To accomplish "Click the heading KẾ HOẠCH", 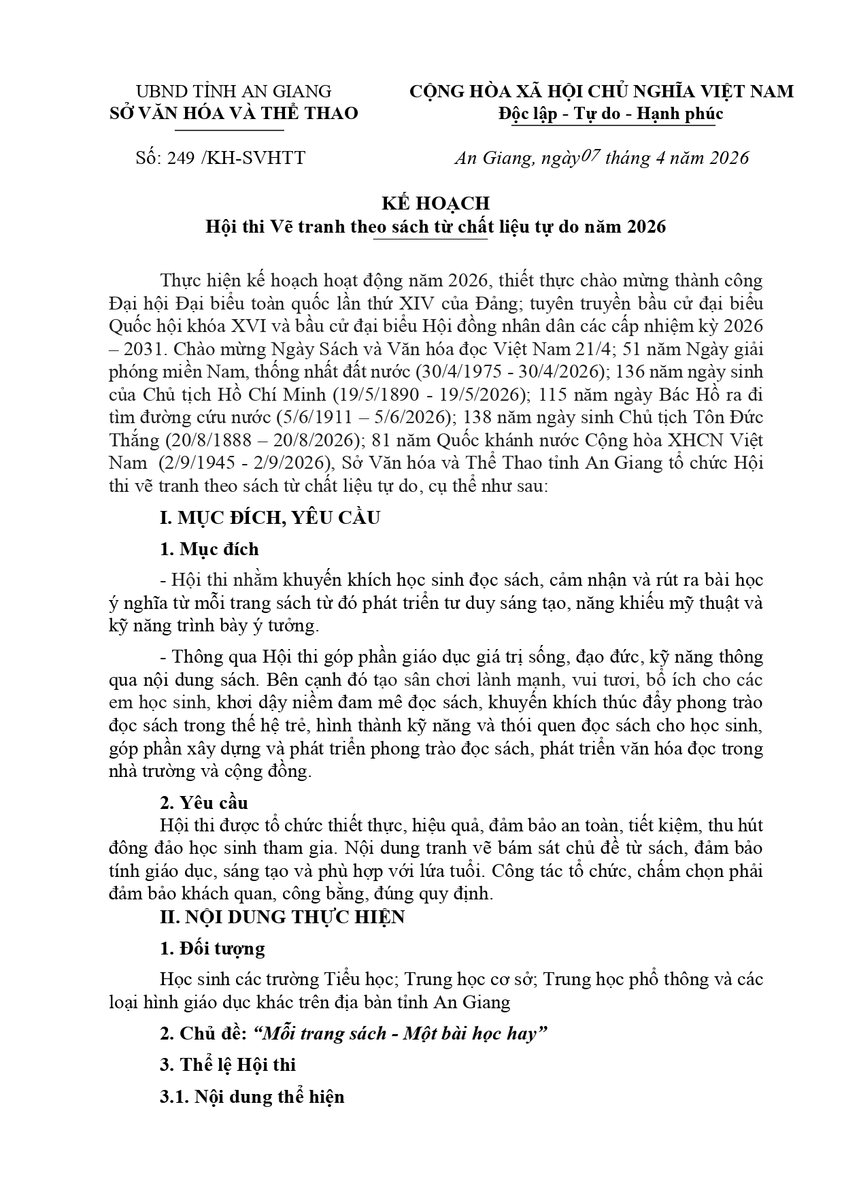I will pyautogui.click(x=435, y=203).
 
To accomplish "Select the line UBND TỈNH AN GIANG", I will pyautogui.click(x=233, y=91).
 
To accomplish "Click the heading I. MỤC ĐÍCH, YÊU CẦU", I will pyautogui.click(x=270, y=518).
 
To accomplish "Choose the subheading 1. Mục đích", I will pyautogui.click(x=209, y=549).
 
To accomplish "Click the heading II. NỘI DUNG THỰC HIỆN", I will pyautogui.click(x=282, y=917).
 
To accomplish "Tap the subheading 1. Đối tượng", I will pyautogui.click(x=212, y=948).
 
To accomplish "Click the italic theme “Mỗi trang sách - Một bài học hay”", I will pyautogui.click(x=400, y=1033).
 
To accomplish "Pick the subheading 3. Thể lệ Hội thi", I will pyautogui.click(x=228, y=1065).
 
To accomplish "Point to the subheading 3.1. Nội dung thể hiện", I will pyautogui.click(x=252, y=1097).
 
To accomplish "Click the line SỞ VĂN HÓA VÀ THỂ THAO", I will pyautogui.click(x=233, y=113).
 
